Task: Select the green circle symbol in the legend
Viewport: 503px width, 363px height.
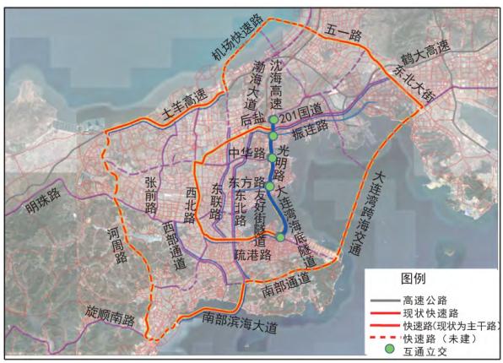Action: point(389,348)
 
